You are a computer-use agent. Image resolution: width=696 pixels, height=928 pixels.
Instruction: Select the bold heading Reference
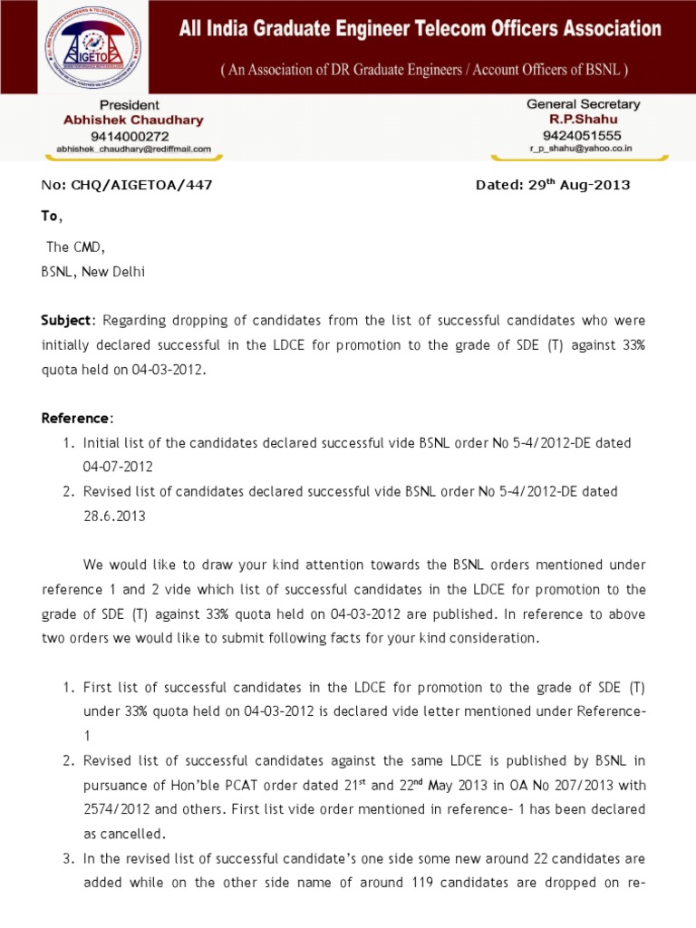point(76,418)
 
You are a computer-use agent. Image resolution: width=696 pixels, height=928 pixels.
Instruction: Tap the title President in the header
point(130,105)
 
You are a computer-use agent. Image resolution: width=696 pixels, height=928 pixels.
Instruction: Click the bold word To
point(50,216)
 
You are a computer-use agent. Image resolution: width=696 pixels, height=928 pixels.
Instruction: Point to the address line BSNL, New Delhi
point(93,271)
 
